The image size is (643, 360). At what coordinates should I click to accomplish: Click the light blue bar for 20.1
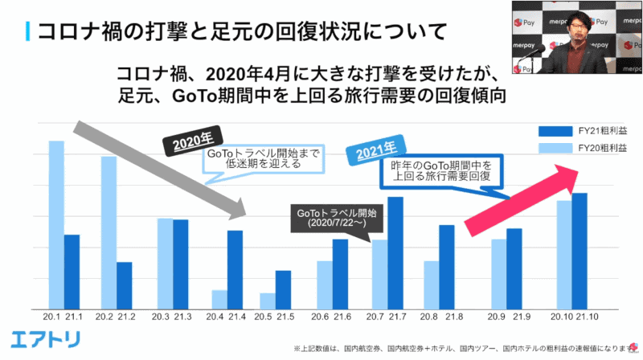[56, 225]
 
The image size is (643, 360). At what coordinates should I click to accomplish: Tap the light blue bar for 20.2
[109, 233]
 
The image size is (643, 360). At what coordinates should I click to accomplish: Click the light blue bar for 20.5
[267, 301]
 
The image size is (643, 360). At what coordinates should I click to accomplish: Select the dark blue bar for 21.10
[579, 251]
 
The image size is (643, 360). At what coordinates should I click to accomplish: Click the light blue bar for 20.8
[432, 284]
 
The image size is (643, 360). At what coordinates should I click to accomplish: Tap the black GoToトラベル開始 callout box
[337, 218]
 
